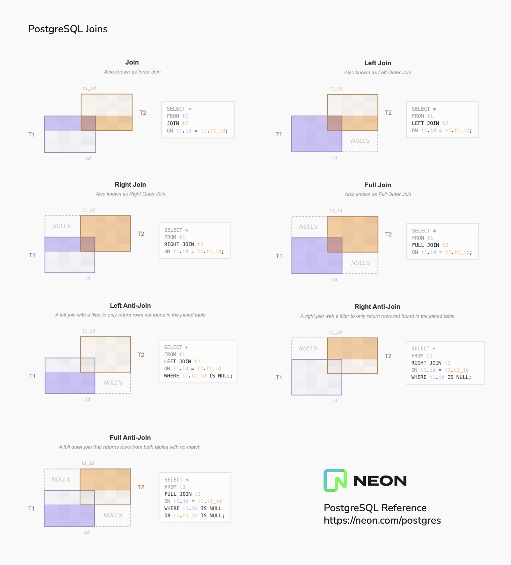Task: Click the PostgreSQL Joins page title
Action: pos(68,29)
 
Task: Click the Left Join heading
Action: pos(378,63)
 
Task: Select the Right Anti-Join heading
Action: pos(377,307)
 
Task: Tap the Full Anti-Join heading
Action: pos(130,438)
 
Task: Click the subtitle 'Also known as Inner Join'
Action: pos(132,72)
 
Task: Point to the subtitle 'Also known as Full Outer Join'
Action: pos(378,194)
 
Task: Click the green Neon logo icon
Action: pos(335,481)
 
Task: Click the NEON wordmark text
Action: pos(380,481)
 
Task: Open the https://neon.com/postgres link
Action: pos(382,520)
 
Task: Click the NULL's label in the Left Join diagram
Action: pos(360,141)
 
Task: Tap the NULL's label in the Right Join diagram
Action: pos(62,226)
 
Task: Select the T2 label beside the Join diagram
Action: pos(143,113)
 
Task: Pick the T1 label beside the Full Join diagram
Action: pos(279,256)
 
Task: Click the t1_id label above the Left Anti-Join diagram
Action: pos(89,331)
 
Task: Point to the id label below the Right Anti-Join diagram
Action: pos(334,401)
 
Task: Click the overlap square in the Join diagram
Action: pos(88,123)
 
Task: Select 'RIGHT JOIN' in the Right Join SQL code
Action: pos(179,244)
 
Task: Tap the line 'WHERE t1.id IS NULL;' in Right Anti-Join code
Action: pos(441,377)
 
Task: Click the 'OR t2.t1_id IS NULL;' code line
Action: pos(194,516)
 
